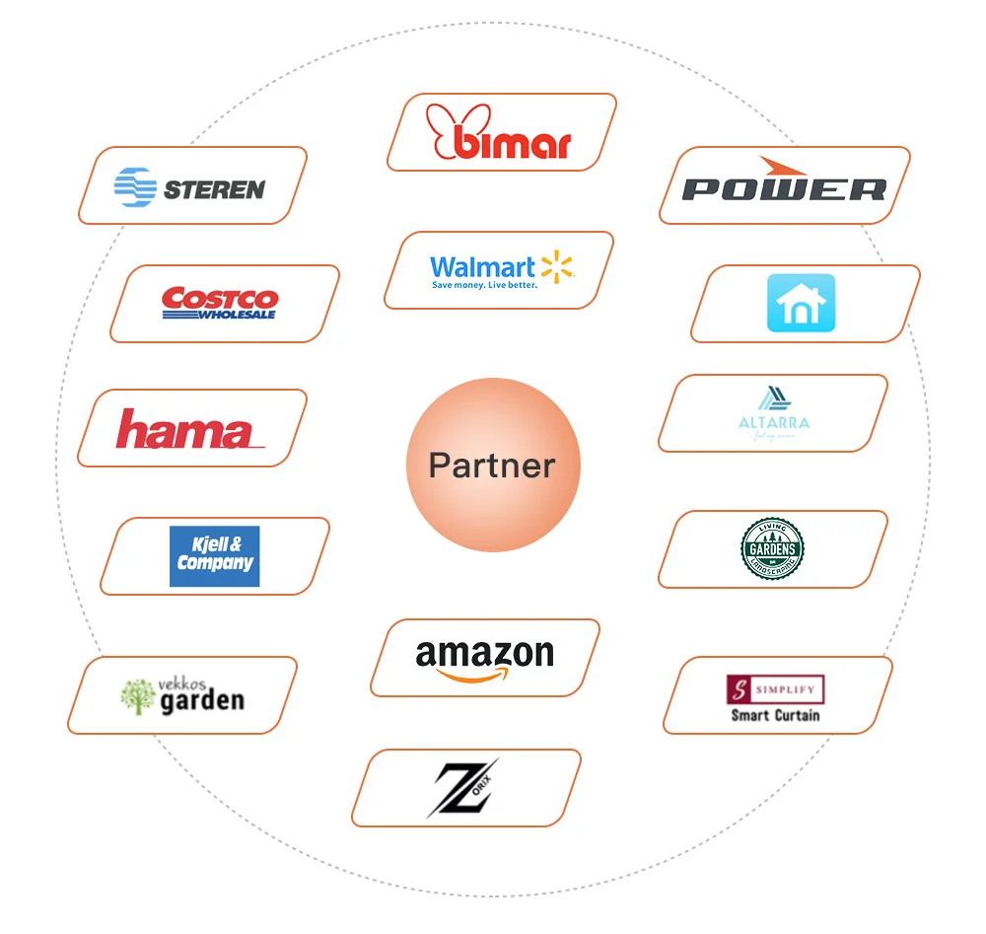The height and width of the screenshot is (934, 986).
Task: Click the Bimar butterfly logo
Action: (499, 132)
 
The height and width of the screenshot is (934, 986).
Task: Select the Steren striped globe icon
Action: (135, 187)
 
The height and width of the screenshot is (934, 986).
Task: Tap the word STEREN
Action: (214, 189)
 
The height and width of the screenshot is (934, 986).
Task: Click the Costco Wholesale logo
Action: (220, 303)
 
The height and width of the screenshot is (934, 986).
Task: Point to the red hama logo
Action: (188, 430)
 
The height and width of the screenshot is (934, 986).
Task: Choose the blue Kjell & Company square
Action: (214, 556)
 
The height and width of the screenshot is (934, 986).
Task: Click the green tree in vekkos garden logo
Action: (137, 696)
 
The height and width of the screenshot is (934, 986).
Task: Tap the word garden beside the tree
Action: (201, 701)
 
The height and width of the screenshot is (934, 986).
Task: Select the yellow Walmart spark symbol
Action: (556, 265)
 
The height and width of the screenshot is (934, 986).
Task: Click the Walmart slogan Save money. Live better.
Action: (484, 286)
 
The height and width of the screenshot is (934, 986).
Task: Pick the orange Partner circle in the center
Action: (493, 465)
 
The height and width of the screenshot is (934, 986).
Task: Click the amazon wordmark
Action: (484, 653)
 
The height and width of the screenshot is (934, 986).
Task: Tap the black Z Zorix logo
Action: (462, 788)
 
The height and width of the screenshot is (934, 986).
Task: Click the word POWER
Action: (784, 189)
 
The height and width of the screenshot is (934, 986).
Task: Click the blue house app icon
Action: (801, 303)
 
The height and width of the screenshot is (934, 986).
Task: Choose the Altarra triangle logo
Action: (773, 398)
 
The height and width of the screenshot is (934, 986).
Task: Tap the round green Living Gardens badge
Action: (772, 548)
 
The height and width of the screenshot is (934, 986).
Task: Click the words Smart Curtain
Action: (775, 715)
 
